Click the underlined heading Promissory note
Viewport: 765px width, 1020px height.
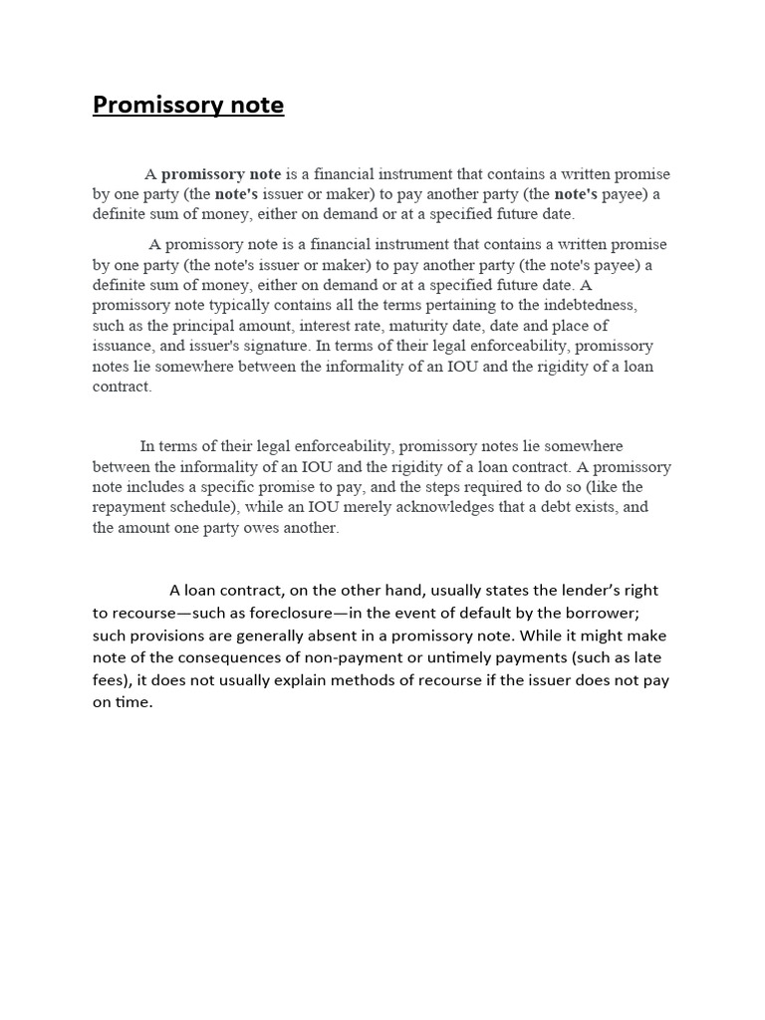tap(188, 105)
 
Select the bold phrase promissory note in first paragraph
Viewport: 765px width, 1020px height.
tap(221, 173)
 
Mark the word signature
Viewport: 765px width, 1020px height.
tap(270, 346)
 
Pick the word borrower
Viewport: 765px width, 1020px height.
tap(629, 613)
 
